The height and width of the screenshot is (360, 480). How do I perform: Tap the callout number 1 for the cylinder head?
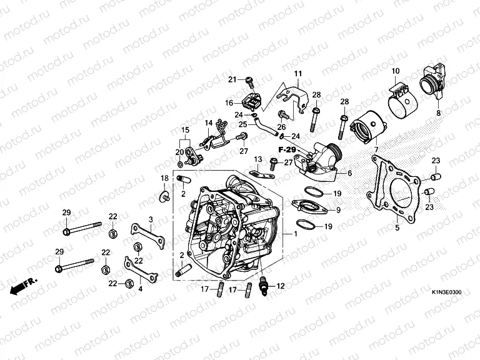click(295, 234)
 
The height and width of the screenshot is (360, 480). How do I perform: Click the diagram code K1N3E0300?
click(447, 292)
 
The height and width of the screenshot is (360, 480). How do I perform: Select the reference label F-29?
click(287, 150)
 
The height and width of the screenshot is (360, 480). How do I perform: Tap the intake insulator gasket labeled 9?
click(309, 207)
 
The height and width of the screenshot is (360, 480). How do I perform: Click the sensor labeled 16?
click(252, 102)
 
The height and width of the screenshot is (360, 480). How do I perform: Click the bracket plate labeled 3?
click(148, 235)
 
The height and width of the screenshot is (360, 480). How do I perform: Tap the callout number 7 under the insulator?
click(376, 149)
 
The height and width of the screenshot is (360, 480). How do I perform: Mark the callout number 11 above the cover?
click(298, 74)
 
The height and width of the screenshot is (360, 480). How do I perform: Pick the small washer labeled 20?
click(180, 165)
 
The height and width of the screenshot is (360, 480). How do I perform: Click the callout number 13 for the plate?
click(258, 159)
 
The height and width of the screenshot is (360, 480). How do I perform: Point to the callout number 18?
click(165, 178)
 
